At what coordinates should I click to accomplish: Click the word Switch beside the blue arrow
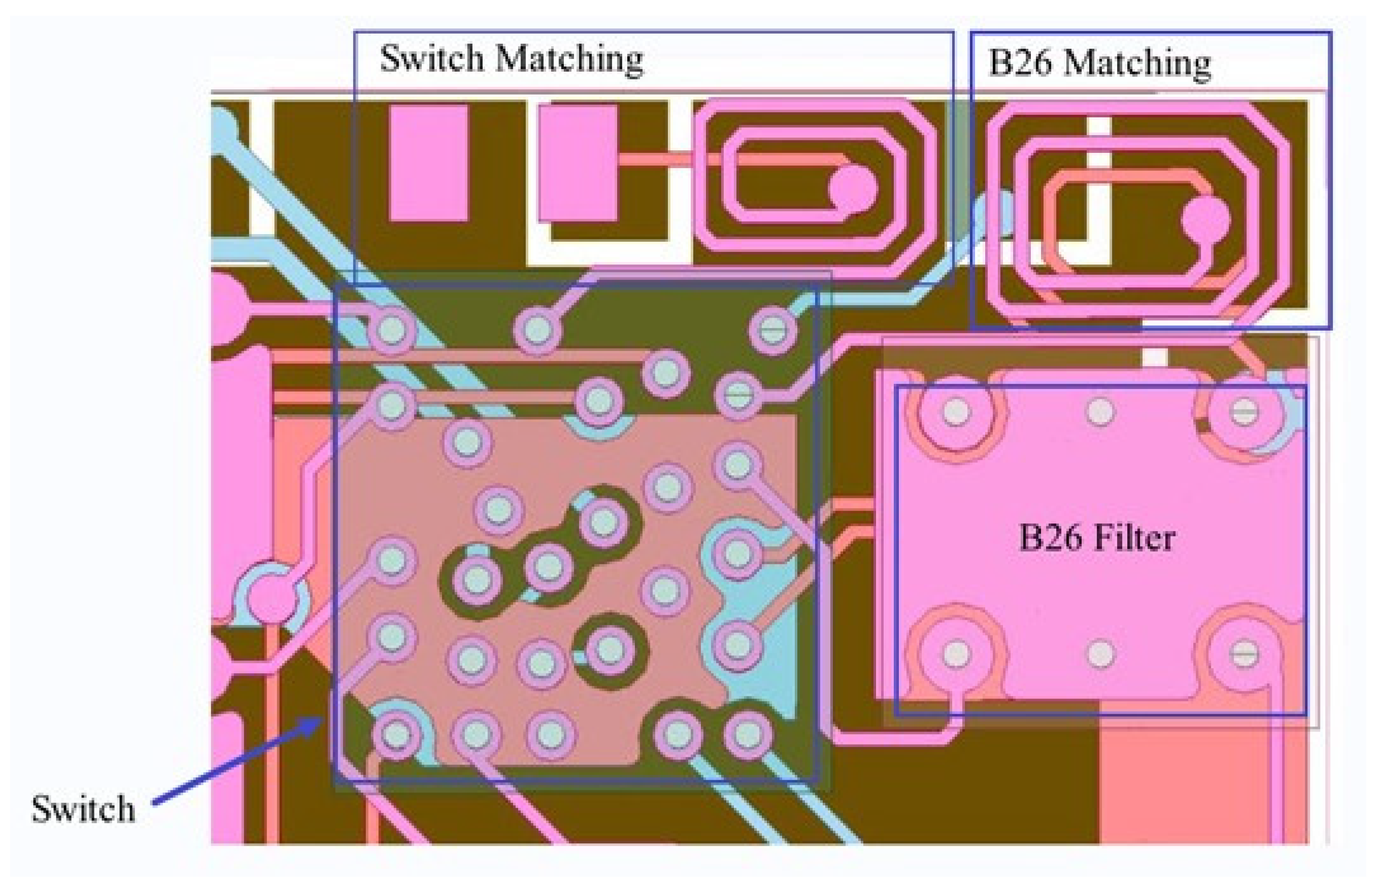point(83,809)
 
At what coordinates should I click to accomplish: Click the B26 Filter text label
point(1096,538)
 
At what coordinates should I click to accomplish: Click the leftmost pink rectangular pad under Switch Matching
point(428,162)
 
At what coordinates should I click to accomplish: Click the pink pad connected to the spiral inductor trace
point(578,162)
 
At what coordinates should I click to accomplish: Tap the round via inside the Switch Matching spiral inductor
point(853,187)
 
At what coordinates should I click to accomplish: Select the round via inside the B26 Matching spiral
point(1205,220)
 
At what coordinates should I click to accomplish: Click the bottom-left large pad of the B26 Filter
point(956,654)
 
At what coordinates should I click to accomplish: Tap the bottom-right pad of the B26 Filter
point(1243,654)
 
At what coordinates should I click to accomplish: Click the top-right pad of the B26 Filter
point(1243,412)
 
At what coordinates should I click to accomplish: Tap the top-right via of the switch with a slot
point(772,329)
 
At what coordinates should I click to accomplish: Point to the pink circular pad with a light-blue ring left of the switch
point(270,596)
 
